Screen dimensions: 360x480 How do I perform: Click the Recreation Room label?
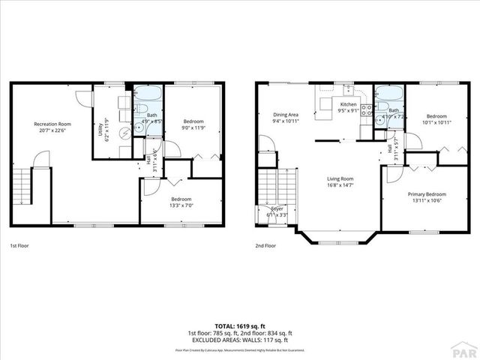[x=52, y=124]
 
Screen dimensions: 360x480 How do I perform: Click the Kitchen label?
[x=349, y=104]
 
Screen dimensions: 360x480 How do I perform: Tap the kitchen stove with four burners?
[x=367, y=112]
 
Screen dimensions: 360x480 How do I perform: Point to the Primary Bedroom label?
[x=427, y=194]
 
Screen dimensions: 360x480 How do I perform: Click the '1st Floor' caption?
[x=19, y=245]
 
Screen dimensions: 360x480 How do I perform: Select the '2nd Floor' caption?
[x=265, y=245]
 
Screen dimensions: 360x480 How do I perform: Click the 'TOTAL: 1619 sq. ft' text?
[x=239, y=326]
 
